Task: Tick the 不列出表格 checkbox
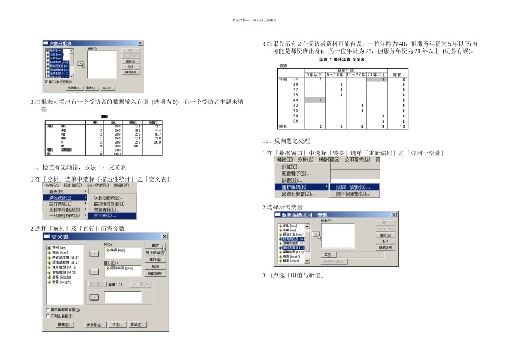(x=48, y=316)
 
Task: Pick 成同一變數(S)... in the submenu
(x=353, y=187)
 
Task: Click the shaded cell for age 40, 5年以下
(x=315, y=100)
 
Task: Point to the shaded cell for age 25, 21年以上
(x=377, y=79)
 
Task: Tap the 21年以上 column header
(x=377, y=74)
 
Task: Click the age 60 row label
(x=295, y=121)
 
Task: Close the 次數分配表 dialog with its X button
(x=140, y=43)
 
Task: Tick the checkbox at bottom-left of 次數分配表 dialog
(x=47, y=82)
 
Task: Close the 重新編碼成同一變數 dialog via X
(x=394, y=215)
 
